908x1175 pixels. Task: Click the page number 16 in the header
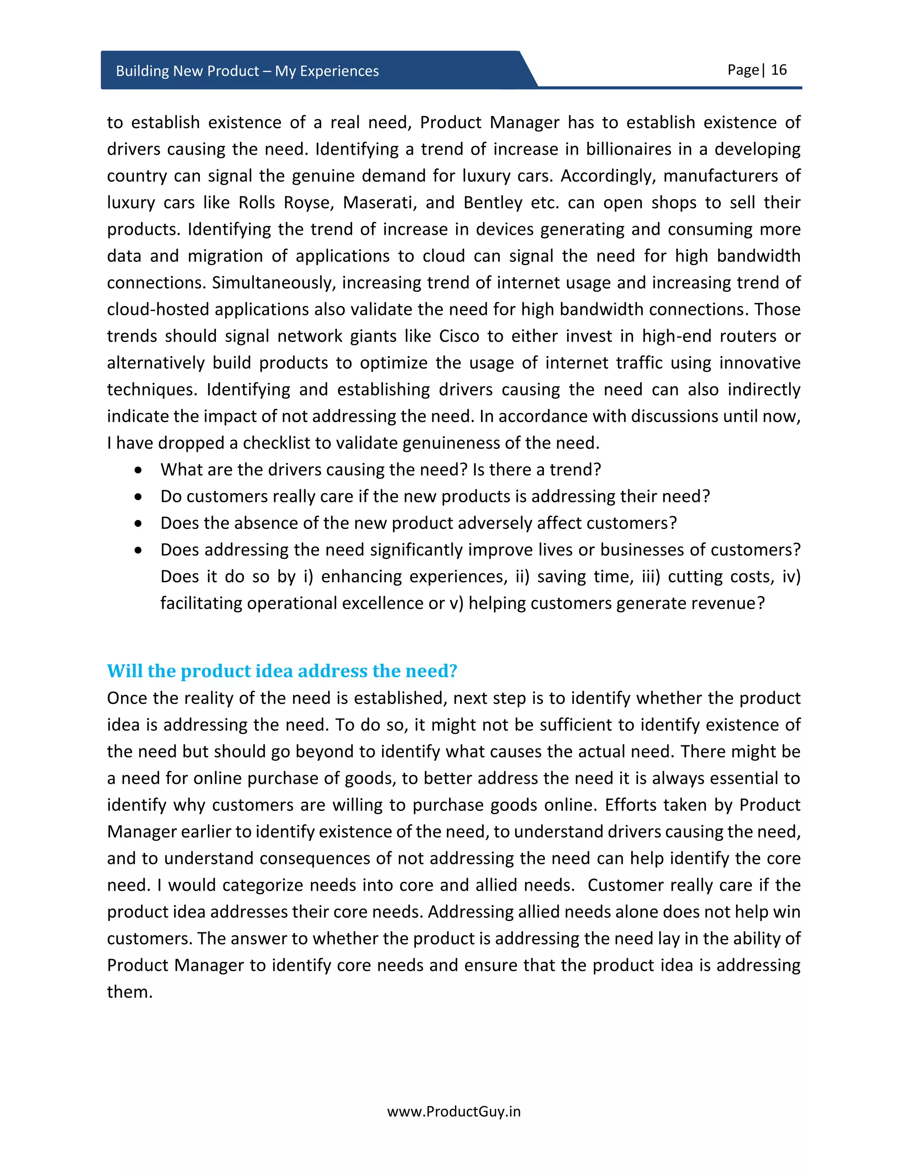pyautogui.click(x=779, y=70)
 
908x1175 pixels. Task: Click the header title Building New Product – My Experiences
pyautogui.click(x=247, y=71)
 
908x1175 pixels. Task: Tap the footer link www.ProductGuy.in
pyautogui.click(x=454, y=1112)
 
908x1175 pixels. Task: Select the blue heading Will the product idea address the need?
pyautogui.click(x=282, y=671)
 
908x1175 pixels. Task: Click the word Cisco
pyautogui.click(x=459, y=336)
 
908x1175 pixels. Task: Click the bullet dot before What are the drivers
pyautogui.click(x=139, y=470)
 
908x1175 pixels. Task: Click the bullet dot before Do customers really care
pyautogui.click(x=139, y=497)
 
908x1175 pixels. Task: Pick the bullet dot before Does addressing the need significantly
pyautogui.click(x=139, y=550)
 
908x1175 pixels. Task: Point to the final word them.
pyautogui.click(x=129, y=991)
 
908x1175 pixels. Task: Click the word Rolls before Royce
pyautogui.click(x=257, y=202)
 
